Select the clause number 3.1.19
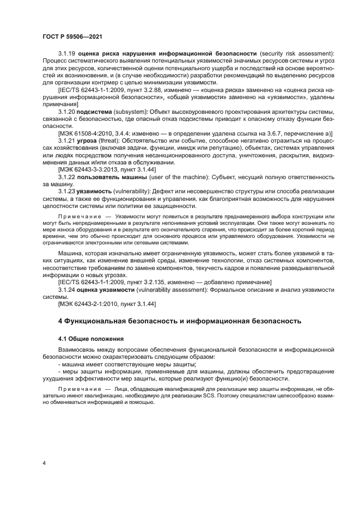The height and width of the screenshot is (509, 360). [x=68, y=53]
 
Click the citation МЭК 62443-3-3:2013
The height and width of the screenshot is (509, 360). [x=88, y=170]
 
